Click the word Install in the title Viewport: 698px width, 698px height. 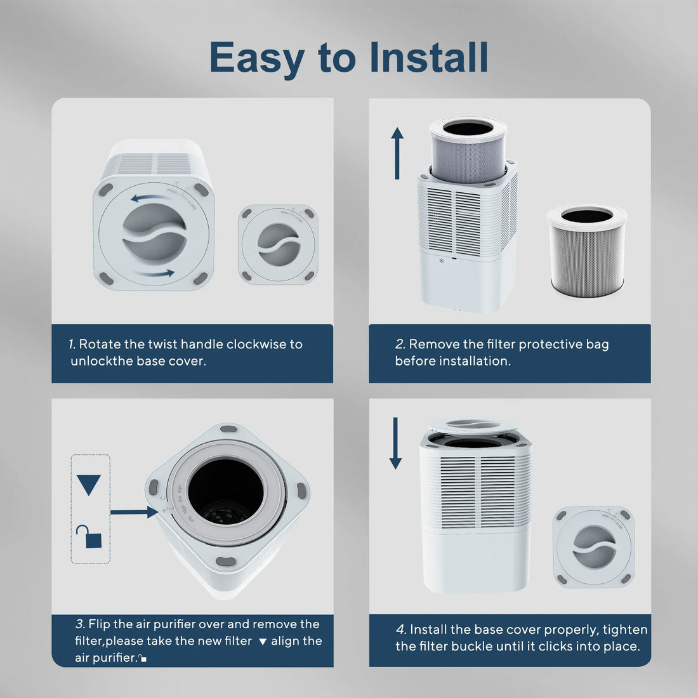tap(429, 57)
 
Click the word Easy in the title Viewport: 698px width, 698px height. tap(256, 58)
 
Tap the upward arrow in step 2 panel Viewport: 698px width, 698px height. tap(397, 153)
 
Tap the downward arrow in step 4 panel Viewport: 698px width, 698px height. tap(396, 443)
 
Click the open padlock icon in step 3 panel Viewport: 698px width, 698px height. tap(89, 537)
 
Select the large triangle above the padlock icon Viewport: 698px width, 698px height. tap(89, 485)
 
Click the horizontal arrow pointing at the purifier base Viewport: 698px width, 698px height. tap(134, 511)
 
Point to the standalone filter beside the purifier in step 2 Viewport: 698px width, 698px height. tap(586, 251)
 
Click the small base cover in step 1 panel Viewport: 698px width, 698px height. tap(278, 244)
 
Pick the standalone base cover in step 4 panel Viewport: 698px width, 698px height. tap(593, 546)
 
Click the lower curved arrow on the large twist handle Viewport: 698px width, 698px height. tap(157, 273)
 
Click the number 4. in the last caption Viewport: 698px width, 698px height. tap(401, 629)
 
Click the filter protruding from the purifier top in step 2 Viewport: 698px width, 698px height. tap(468, 150)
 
